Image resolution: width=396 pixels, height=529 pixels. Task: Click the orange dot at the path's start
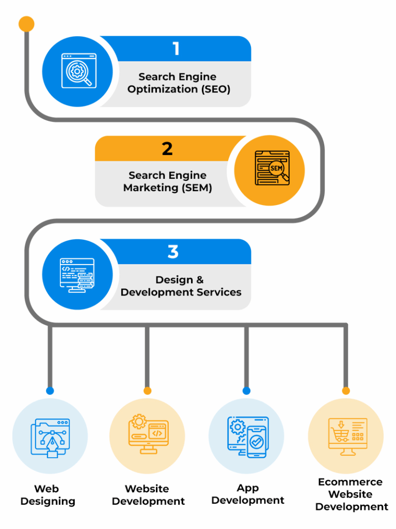[x=26, y=24]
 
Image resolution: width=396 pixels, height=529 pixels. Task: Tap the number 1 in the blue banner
[x=176, y=49]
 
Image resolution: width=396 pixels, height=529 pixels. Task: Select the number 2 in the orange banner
[x=167, y=148]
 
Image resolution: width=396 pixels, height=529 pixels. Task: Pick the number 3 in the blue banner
[x=173, y=252]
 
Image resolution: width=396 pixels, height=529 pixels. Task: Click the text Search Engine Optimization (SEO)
[x=179, y=83]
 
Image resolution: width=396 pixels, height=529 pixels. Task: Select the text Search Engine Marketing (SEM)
[x=167, y=181]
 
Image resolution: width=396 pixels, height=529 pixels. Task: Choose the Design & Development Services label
[x=181, y=286]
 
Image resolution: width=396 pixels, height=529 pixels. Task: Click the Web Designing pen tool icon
[x=50, y=437]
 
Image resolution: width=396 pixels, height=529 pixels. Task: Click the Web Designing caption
[x=47, y=494]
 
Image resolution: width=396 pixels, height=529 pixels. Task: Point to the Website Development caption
[x=148, y=494]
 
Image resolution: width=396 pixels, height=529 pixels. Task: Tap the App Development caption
[x=248, y=494]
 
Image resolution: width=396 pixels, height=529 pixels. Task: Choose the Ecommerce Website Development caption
[x=351, y=494]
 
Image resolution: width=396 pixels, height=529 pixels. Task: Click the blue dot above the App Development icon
[x=246, y=391]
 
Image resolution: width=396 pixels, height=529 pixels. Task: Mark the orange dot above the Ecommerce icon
[x=346, y=391]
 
